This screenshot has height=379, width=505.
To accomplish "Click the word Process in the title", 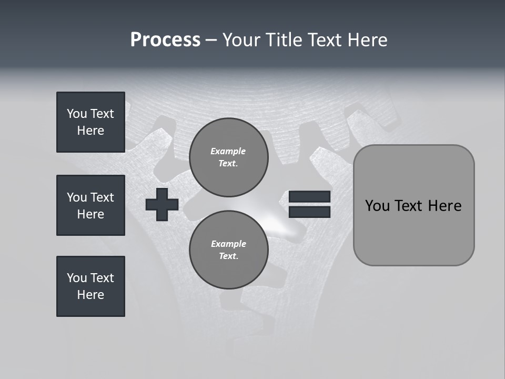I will tap(165, 40).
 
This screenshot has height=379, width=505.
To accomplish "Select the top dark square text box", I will tap(90, 122).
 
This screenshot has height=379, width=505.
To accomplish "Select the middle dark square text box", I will tap(90, 205).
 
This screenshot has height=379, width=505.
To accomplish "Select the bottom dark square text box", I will tap(90, 286).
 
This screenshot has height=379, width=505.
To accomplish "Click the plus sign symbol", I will tap(162, 204).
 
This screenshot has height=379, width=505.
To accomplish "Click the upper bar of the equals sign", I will tap(310, 197).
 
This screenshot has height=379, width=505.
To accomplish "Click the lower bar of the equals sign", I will tap(310, 212).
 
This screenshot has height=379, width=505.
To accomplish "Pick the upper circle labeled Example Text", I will tap(228, 157).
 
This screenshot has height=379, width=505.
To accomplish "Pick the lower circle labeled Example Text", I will tap(228, 250).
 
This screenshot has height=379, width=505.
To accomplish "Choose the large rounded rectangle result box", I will tap(413, 205).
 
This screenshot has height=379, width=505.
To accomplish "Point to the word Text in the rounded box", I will tap(409, 206).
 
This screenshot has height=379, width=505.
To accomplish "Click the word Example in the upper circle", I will tap(228, 151).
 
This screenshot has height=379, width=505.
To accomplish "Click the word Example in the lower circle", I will tap(228, 244).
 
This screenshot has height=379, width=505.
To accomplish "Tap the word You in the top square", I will tap(77, 114).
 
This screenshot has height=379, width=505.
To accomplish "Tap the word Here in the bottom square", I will tap(90, 295).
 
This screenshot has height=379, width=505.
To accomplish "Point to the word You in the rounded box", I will tap(377, 206).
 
